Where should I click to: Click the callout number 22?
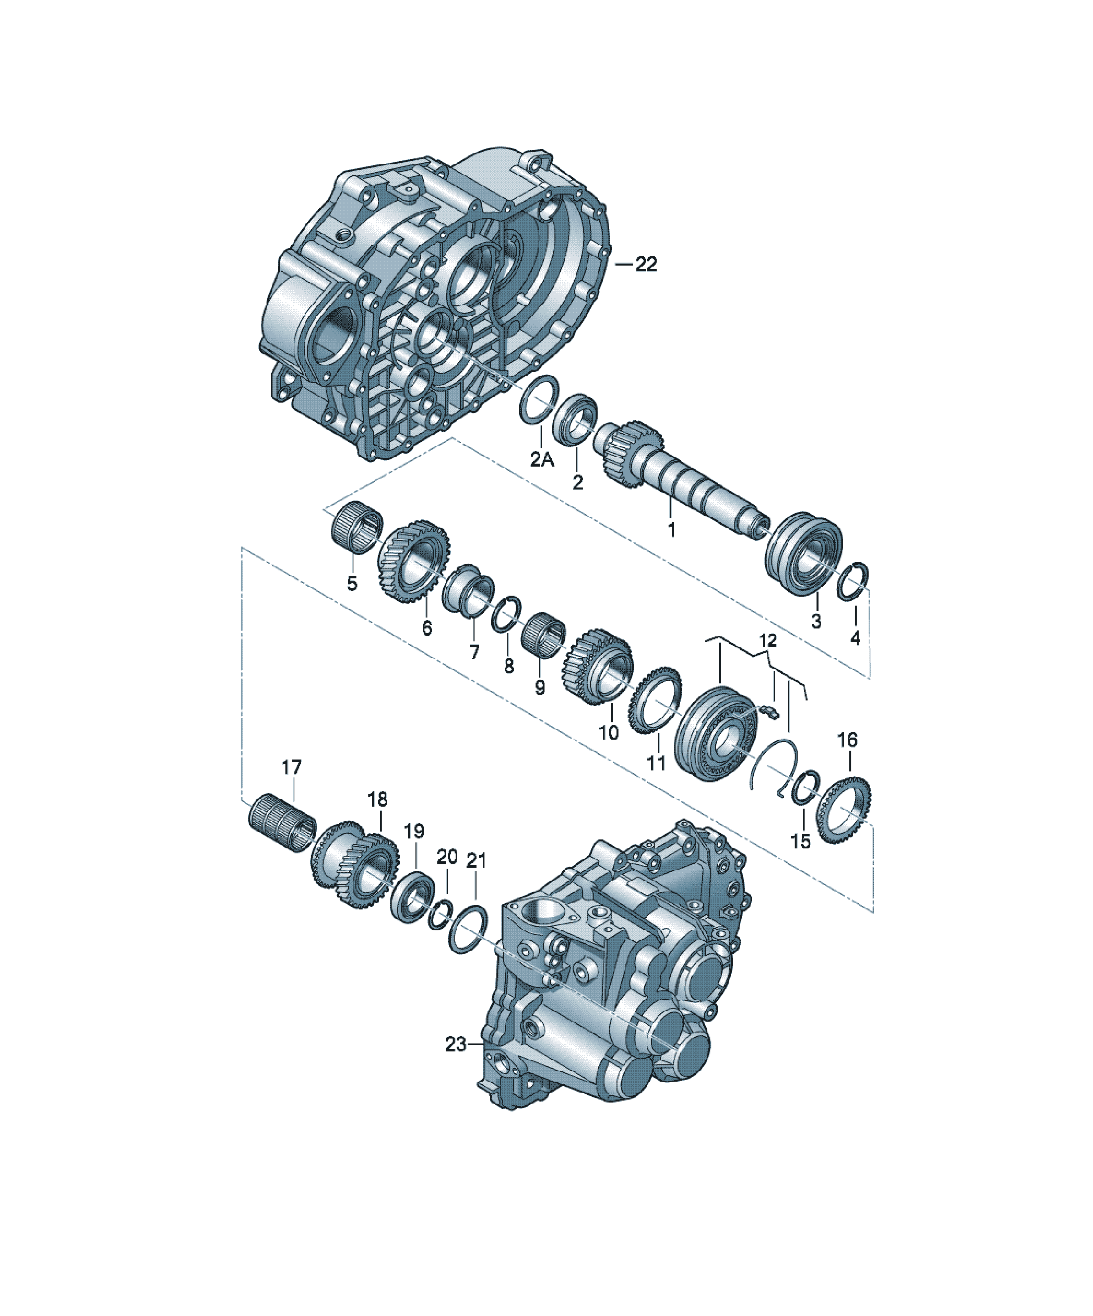[x=646, y=265]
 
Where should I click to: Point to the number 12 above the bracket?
[x=767, y=640]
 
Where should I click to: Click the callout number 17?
[x=291, y=767]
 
